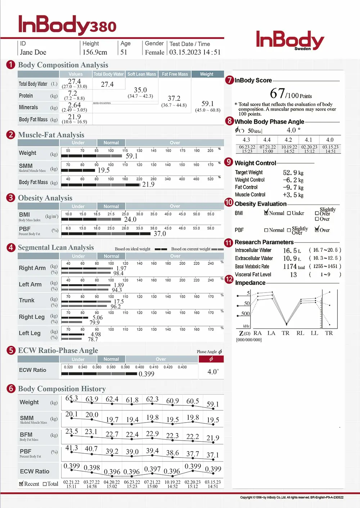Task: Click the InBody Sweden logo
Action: click(290, 40)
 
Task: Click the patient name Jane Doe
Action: click(33, 52)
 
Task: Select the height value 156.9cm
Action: click(95, 52)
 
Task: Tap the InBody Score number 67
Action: click(278, 94)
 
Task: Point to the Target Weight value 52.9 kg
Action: click(293, 173)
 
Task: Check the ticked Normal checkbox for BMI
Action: click(266, 213)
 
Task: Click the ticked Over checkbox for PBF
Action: click(317, 230)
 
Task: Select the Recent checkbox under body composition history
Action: click(21, 484)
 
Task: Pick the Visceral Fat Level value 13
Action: click(293, 275)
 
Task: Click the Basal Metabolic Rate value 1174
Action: click(290, 267)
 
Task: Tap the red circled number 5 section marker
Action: click(11, 351)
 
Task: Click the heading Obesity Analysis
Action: click(45, 198)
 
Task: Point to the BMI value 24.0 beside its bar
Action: click(130, 219)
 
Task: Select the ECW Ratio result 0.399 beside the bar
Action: click(147, 374)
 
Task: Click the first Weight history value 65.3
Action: click(72, 398)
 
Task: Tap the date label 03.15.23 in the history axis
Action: click(213, 482)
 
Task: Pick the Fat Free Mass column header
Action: click(175, 74)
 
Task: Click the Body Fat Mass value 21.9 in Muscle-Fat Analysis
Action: click(148, 184)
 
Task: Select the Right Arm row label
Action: click(32, 268)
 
